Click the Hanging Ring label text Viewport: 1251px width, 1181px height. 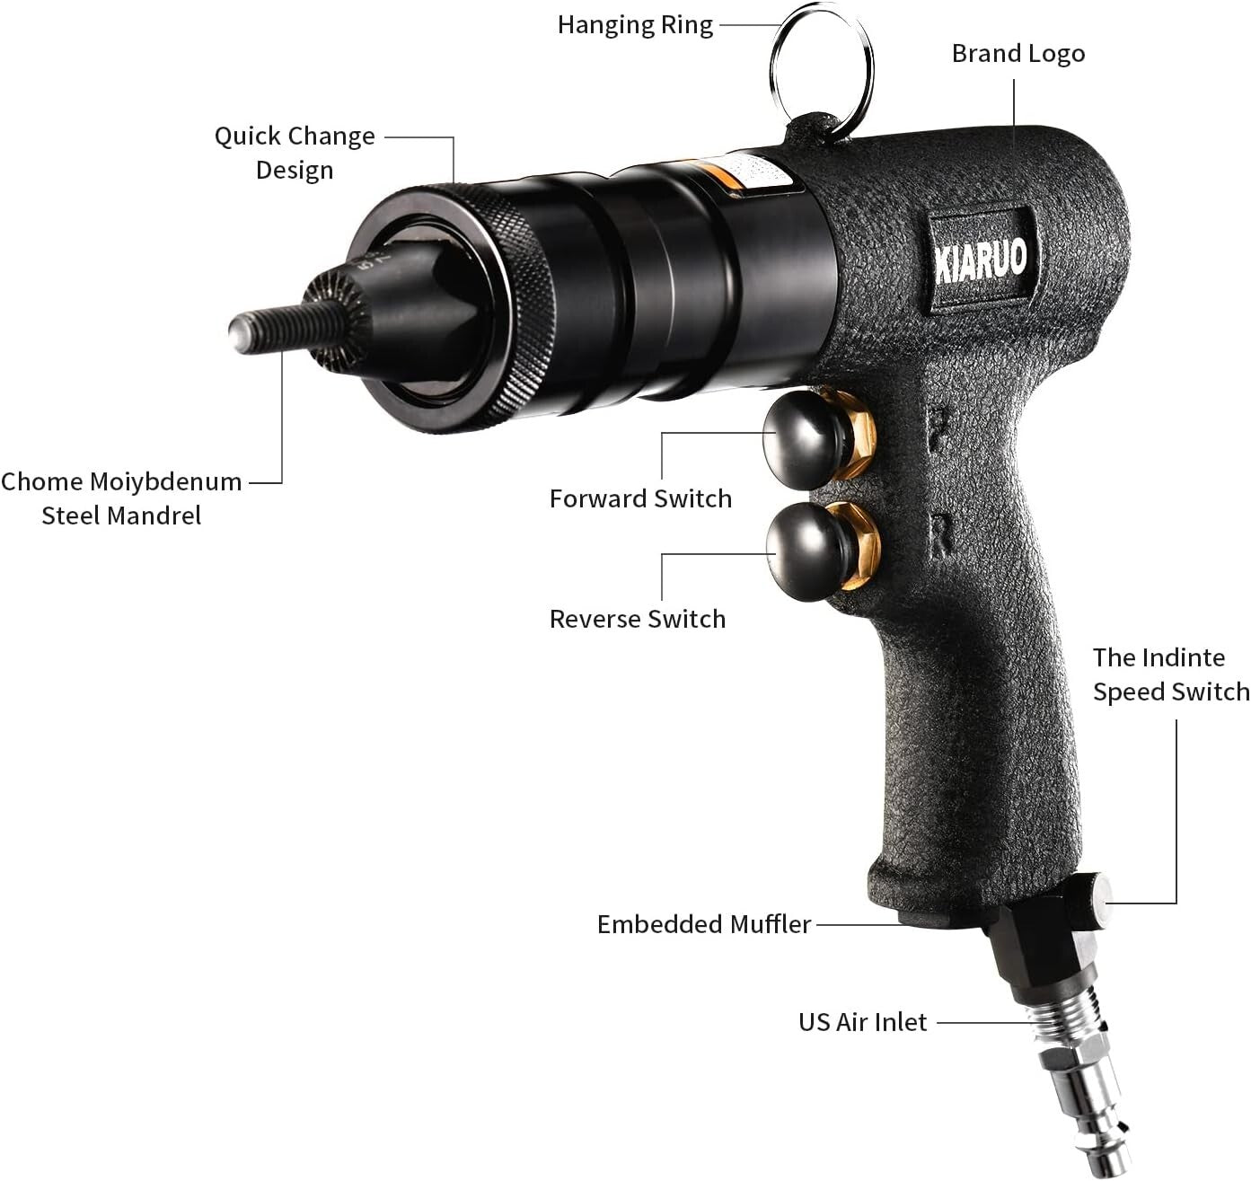tap(635, 25)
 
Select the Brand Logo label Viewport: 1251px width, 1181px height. tap(1018, 54)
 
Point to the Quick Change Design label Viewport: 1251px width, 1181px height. tap(295, 153)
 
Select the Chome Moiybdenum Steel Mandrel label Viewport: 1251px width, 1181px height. tap(121, 498)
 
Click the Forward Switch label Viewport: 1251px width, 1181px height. tap(640, 499)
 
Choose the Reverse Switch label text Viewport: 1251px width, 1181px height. tap(638, 620)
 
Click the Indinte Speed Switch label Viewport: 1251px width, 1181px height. tap(1170, 674)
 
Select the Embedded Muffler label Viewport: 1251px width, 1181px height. tap(704, 925)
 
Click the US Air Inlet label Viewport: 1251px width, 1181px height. tap(862, 1023)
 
